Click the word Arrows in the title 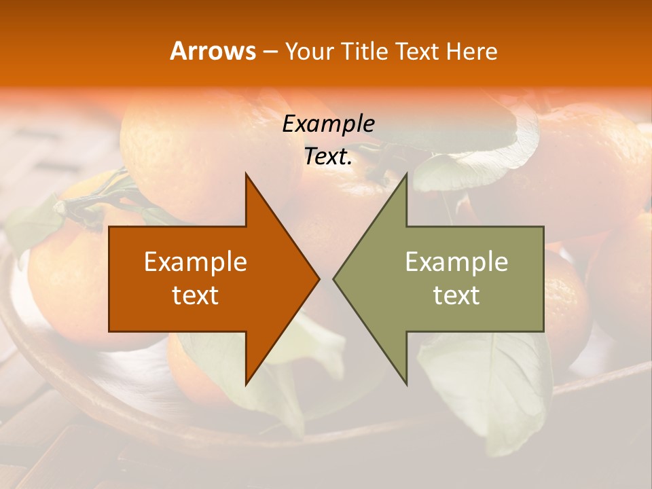tap(213, 51)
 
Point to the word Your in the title tap(308, 52)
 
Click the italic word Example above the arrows tap(329, 124)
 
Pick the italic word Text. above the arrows tap(329, 157)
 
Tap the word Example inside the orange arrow tap(196, 262)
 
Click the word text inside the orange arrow tap(196, 295)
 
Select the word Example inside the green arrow tap(456, 262)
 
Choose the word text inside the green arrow tap(456, 295)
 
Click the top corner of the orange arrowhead tap(247, 175)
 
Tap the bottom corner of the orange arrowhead tap(247, 384)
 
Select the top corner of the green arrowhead tap(405, 175)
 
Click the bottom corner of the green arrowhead tap(405, 384)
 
